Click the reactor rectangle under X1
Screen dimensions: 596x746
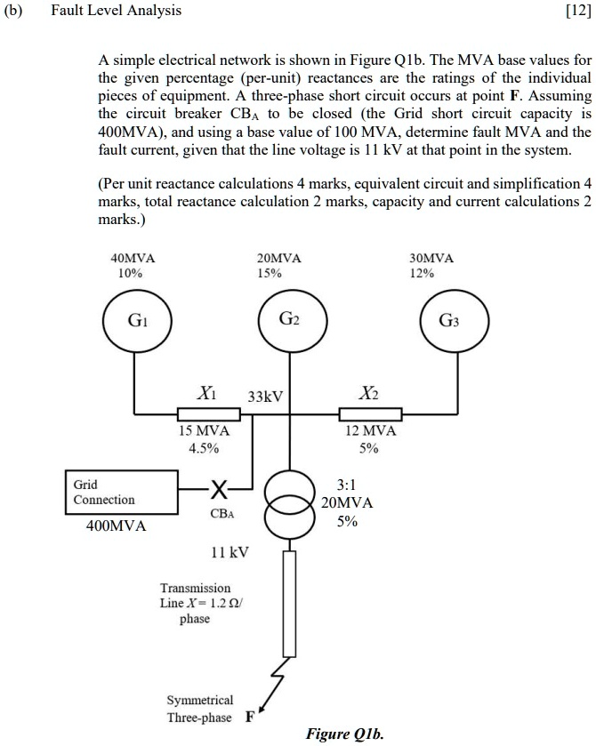tap(208, 413)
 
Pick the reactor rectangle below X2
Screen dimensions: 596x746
tap(370, 413)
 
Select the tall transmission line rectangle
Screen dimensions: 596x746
tap(287, 604)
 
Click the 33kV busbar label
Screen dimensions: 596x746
tap(265, 396)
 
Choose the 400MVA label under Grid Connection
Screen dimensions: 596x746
tap(116, 526)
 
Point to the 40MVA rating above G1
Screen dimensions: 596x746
tap(132, 258)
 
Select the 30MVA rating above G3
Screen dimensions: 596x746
tap(431, 258)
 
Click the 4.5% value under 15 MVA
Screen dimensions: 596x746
tap(204, 447)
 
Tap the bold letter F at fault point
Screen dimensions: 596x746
tap(250, 718)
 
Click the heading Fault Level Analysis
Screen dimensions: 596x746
tap(116, 11)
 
